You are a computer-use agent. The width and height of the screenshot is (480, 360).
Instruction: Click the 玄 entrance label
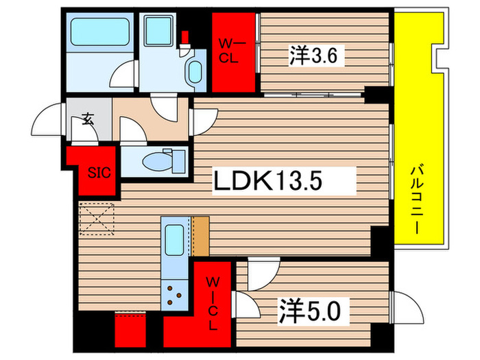point(88,118)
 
